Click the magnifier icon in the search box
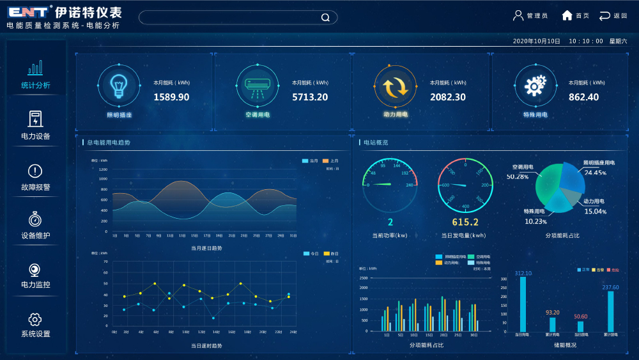coord(325,17)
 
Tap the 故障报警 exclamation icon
coord(35,171)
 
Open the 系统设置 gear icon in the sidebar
coord(35,319)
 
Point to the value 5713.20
coord(310,97)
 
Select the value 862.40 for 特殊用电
coord(583,97)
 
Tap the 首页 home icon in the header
coord(567,15)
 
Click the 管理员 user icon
coord(518,15)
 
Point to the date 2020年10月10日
coord(536,41)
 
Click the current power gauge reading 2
coord(390,222)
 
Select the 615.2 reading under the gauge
coord(465,222)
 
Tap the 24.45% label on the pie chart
coord(595,173)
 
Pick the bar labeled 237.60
coord(610,311)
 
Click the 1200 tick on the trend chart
coord(103,169)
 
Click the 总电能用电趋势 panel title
coord(109,143)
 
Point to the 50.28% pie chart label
coord(517,176)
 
